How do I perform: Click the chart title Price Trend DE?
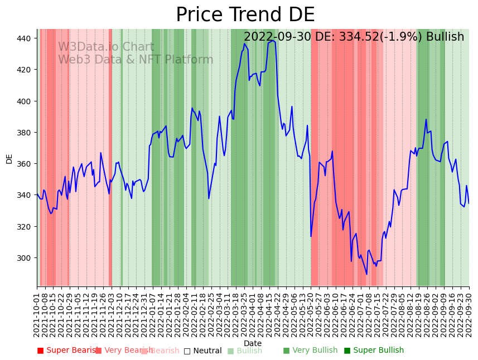tap(245, 15)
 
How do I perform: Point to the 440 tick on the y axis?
tap(25, 38)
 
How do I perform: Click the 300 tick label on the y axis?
tap(25, 258)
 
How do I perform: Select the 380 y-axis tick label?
tap(25, 133)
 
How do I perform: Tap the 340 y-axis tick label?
tap(25, 195)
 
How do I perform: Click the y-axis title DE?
tap(9, 159)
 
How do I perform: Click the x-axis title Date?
tap(253, 343)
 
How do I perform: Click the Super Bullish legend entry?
tap(374, 351)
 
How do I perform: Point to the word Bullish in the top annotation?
tap(445, 37)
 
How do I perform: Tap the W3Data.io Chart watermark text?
tap(106, 47)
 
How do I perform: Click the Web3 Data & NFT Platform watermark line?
tap(136, 60)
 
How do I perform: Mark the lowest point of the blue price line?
tap(366, 274)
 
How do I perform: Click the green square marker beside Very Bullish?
tap(286, 351)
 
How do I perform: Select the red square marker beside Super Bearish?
tap(40, 351)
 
